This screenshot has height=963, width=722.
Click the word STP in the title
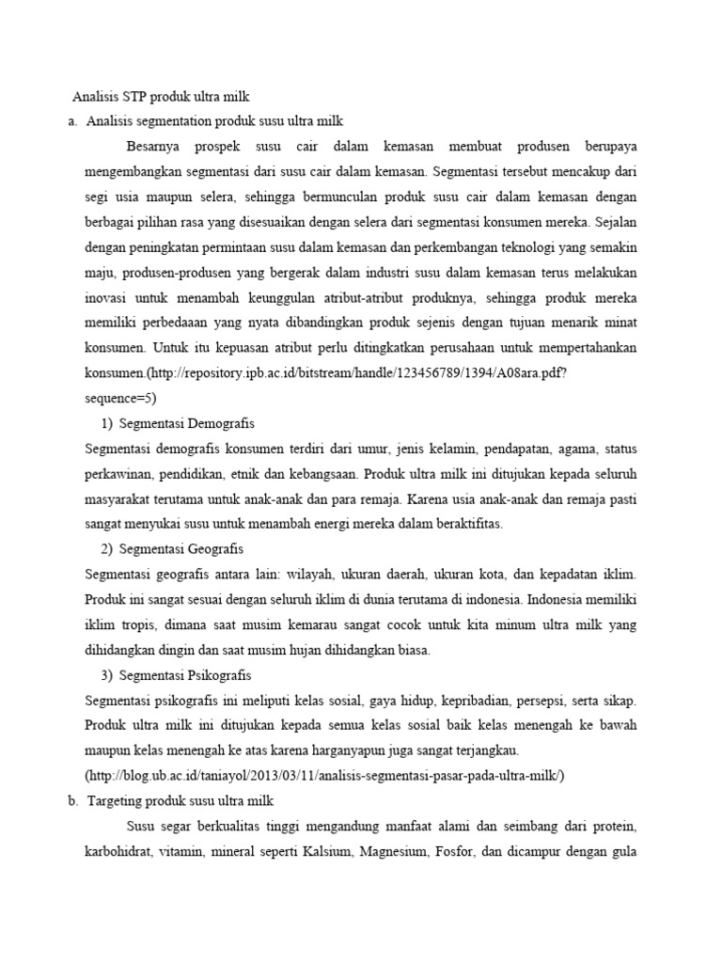pyautogui.click(x=139, y=96)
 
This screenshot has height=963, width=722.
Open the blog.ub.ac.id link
pyautogui.click(x=323, y=775)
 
